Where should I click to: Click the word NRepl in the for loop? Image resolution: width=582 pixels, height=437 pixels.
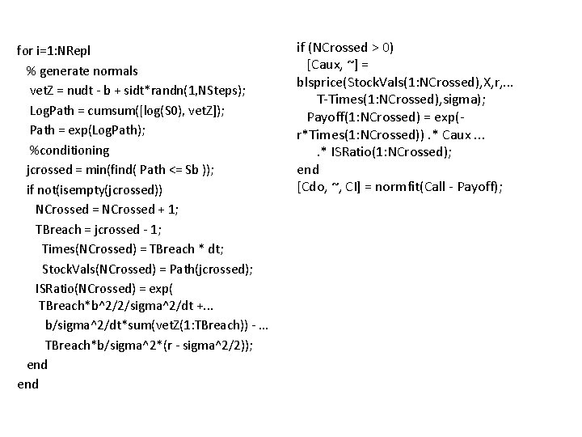(x=82, y=51)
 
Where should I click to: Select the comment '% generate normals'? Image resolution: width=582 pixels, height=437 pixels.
(x=82, y=71)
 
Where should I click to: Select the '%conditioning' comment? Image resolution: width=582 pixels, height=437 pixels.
(x=69, y=150)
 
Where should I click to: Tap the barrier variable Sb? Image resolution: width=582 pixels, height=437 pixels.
(x=198, y=170)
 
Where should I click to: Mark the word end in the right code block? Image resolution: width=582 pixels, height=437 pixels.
(x=308, y=169)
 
